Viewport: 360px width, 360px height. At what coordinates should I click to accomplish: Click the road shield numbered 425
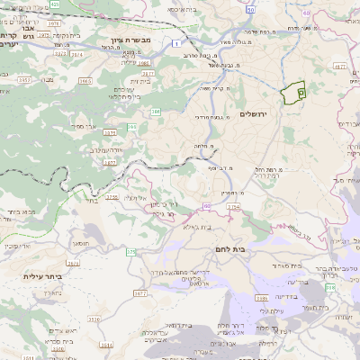(x=54, y=4)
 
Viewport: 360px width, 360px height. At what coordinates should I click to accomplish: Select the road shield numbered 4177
(x=338, y=66)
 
